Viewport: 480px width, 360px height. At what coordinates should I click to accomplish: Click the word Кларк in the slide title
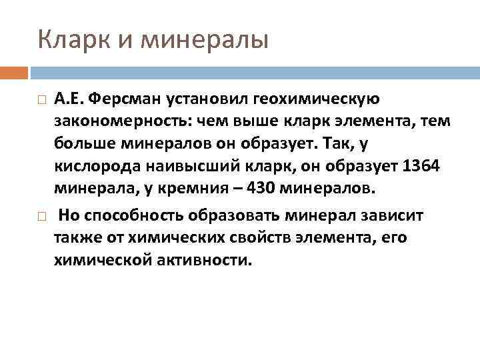point(70,41)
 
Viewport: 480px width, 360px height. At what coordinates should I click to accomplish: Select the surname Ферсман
point(125,100)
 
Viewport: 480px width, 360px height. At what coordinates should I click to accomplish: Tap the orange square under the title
point(13,71)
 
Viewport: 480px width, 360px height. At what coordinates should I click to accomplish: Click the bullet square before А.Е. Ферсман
point(41,101)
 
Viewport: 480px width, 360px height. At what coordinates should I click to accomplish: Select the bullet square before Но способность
point(41,216)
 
